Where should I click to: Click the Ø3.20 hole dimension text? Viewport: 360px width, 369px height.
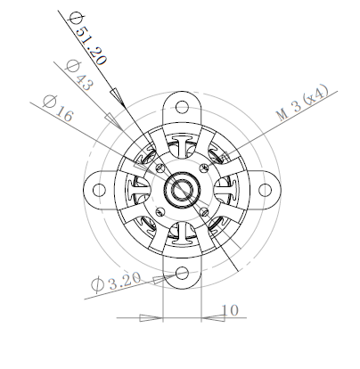[115, 284]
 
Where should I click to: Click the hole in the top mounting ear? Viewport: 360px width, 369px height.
[184, 105]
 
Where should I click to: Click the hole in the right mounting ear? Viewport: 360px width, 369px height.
[266, 188]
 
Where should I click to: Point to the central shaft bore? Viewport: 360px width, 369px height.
[184, 188]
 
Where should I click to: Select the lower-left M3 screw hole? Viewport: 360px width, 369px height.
[159, 213]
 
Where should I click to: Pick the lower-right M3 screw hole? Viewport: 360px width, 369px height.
[209, 213]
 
